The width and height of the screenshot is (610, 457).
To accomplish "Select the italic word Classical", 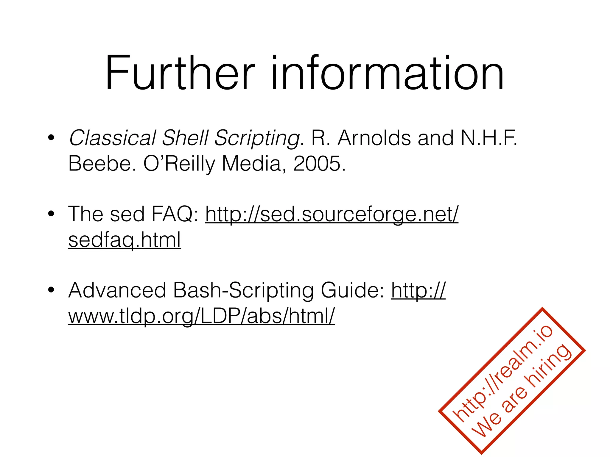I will [x=112, y=138].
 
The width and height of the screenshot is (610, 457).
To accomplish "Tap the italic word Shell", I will [x=185, y=138].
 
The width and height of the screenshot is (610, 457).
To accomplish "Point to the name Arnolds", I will [x=374, y=138].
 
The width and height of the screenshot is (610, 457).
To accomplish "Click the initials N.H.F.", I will [x=489, y=138].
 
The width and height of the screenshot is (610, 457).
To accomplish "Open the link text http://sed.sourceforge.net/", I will [x=332, y=215].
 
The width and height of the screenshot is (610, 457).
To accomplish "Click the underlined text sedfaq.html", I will [x=125, y=240].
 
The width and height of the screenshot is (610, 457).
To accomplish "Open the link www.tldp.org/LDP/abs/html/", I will [x=201, y=316].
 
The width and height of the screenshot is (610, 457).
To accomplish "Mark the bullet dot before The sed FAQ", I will [x=51, y=214].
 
